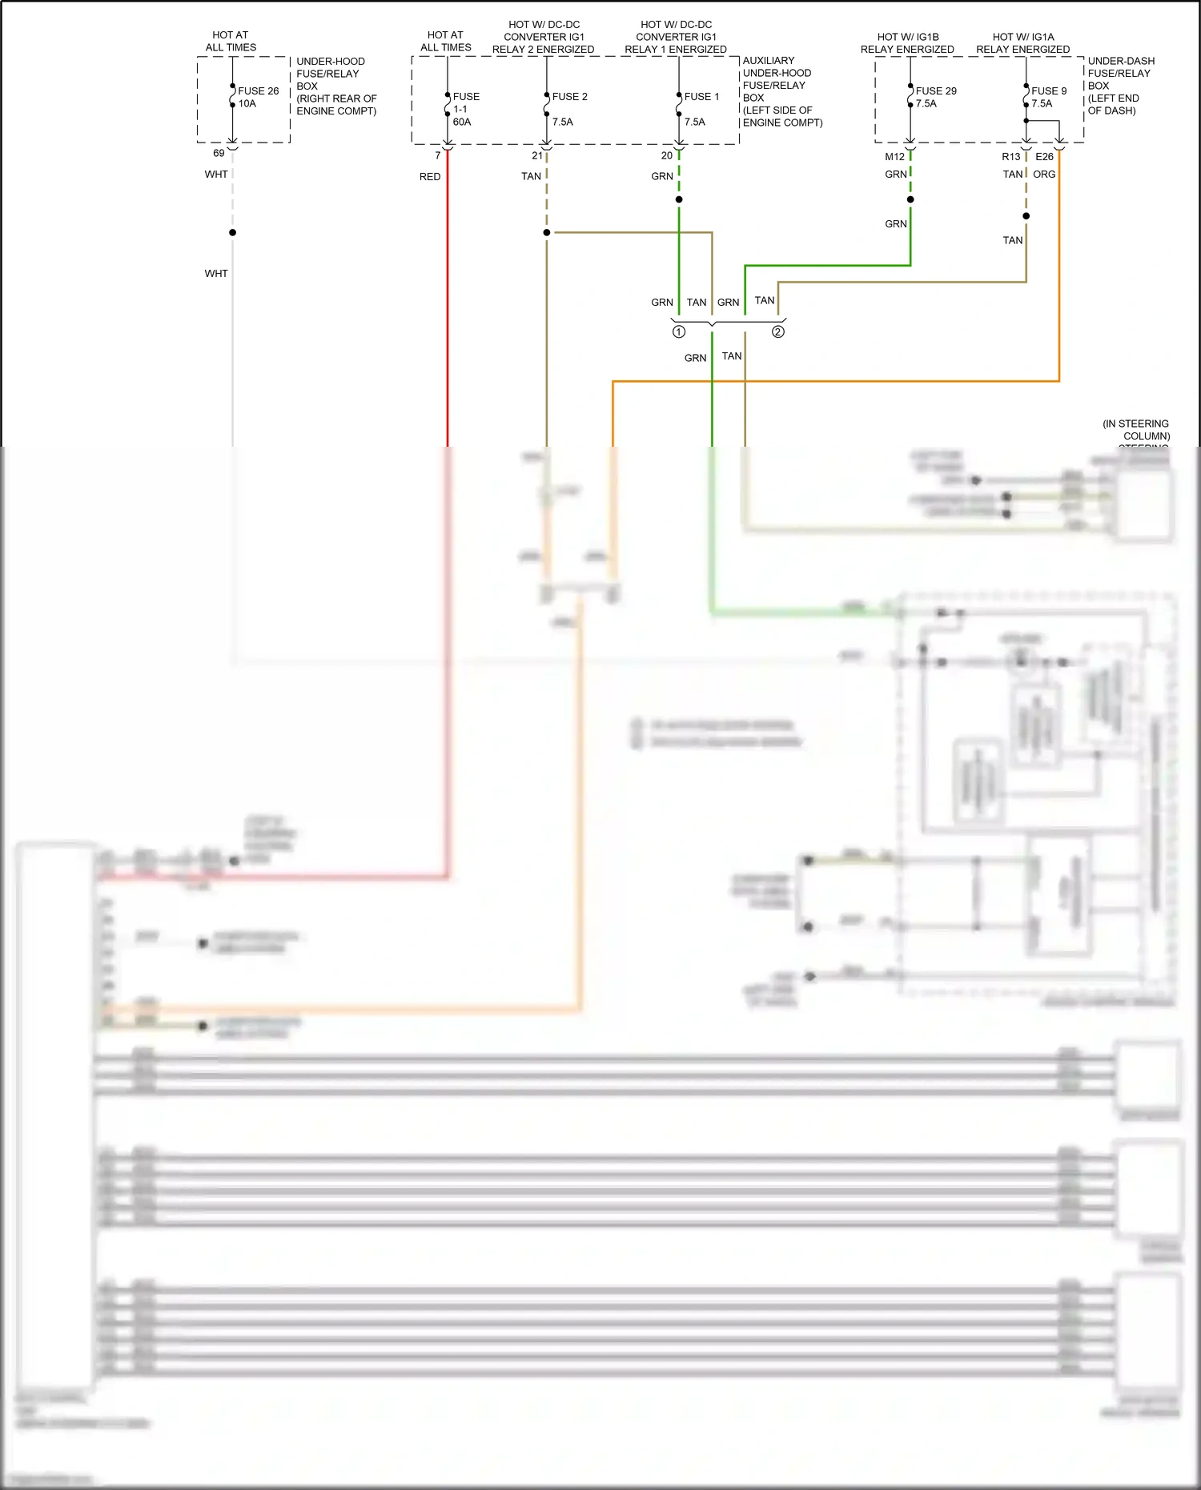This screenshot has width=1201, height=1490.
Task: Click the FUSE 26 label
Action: point(258,91)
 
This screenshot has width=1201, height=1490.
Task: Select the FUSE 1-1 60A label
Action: point(465,109)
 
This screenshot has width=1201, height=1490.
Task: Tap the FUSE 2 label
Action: point(569,97)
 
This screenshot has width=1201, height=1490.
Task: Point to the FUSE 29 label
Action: point(935,91)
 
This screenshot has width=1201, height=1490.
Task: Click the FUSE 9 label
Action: point(1048,91)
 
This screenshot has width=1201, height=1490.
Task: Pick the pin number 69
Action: point(219,153)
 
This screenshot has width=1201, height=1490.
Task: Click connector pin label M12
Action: point(894,157)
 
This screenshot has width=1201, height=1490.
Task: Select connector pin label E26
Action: point(1044,157)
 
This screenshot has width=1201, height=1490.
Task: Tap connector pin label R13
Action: point(1010,157)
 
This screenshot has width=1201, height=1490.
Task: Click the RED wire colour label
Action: point(430,177)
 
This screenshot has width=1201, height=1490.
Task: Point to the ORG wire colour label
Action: point(1044,175)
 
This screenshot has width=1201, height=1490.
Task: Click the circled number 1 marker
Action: point(679,331)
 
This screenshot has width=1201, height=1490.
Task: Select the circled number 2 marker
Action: point(778,331)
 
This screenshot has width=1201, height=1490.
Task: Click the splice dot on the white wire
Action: point(233,232)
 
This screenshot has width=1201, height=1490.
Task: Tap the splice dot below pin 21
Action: point(547,232)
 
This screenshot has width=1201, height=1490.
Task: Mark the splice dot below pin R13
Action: point(1026,215)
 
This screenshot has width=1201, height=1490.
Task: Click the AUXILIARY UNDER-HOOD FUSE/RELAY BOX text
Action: point(781,91)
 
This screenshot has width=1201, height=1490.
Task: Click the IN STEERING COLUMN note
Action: point(1137,430)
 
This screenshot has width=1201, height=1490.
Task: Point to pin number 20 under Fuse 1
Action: point(667,156)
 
